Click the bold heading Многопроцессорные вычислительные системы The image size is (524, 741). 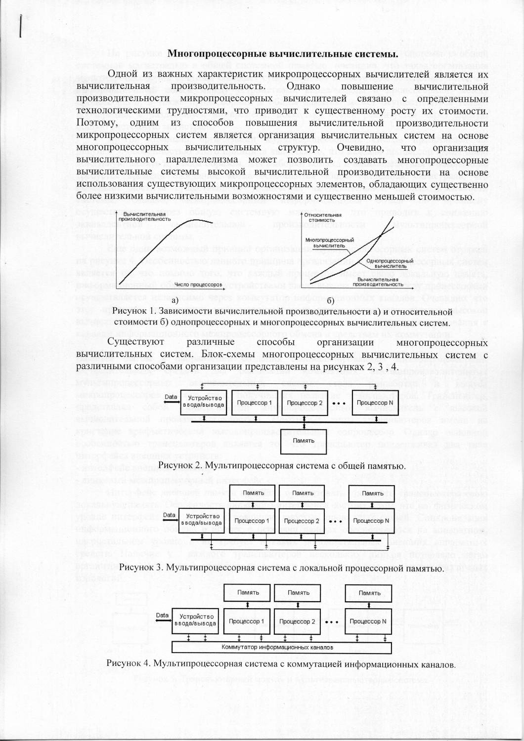click(x=283, y=53)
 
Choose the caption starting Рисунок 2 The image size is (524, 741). click(x=282, y=465)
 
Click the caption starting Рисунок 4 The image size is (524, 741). click(x=281, y=663)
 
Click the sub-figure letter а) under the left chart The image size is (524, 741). click(x=174, y=299)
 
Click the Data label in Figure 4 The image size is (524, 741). click(x=163, y=615)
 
